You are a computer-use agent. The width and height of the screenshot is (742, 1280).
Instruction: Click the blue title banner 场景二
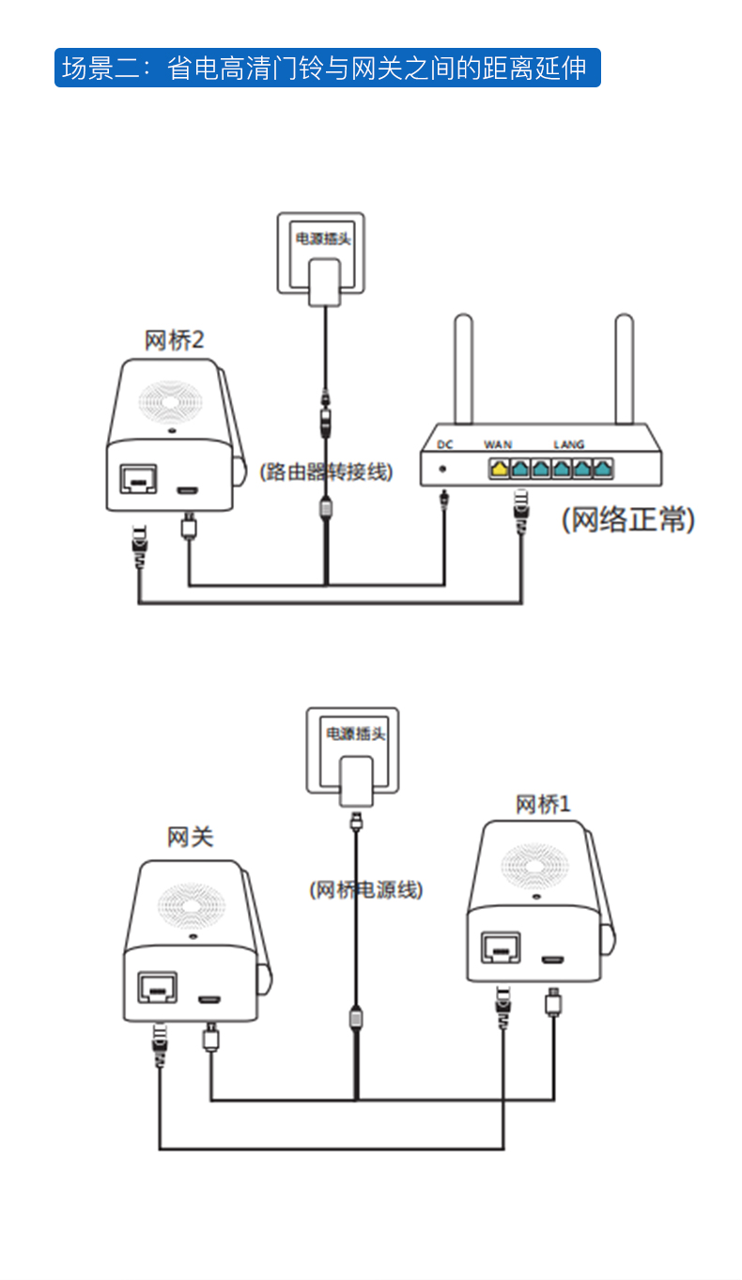[x=326, y=68]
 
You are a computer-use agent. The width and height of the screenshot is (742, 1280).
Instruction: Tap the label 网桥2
[x=174, y=340]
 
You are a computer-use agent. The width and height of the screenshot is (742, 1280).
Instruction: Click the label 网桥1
[x=543, y=804]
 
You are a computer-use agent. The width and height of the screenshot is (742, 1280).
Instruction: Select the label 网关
[x=191, y=837]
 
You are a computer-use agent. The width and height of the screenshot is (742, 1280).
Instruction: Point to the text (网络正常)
[x=628, y=519]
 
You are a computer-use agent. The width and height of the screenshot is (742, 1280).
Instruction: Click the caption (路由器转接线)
[x=326, y=472]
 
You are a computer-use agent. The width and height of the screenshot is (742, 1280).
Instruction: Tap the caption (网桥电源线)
[x=366, y=889]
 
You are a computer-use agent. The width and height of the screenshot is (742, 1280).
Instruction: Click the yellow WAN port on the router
[x=500, y=466]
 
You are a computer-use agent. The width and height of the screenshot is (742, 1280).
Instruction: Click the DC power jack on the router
[x=442, y=468]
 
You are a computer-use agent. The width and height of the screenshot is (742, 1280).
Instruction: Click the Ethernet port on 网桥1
[x=499, y=948]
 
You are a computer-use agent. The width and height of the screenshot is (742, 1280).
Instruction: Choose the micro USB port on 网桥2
[x=189, y=489]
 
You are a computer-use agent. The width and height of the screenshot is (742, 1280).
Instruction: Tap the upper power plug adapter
[x=324, y=281]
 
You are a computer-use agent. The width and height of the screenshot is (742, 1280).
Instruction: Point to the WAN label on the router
[x=498, y=444]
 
